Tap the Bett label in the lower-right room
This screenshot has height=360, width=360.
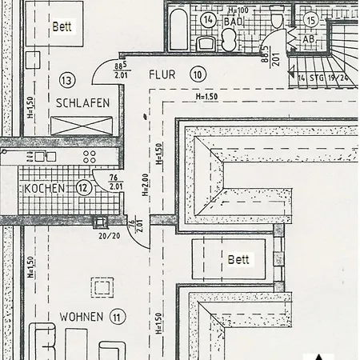238,259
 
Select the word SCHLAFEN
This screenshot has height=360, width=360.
82,102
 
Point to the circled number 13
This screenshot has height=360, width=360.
66,80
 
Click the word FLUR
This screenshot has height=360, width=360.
162,74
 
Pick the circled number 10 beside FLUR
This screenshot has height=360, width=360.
197,74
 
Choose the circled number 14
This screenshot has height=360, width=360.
209,19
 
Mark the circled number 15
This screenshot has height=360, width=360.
311,18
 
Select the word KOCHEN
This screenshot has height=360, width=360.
44,188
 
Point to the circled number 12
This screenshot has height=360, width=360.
84,188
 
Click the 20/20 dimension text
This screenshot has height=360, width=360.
109,237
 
